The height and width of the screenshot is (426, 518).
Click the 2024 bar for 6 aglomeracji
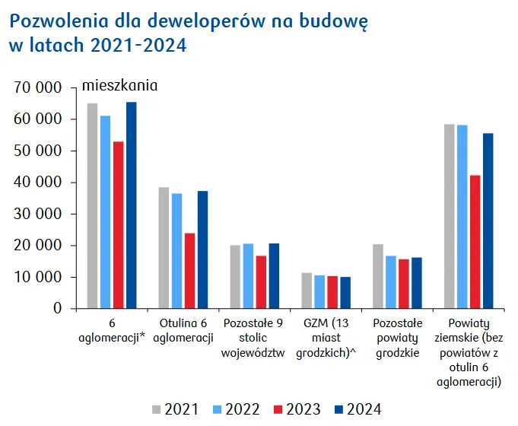[132, 205]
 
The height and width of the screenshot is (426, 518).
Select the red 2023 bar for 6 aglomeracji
[119, 225]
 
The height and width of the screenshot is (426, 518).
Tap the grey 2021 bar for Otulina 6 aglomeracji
[164, 248]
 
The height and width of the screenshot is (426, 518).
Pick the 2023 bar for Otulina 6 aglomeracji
[190, 271]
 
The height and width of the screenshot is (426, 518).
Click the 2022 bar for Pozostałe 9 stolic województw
[248, 276]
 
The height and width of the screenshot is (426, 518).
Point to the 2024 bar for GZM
[346, 293]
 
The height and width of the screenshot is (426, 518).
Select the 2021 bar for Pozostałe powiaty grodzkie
[378, 276]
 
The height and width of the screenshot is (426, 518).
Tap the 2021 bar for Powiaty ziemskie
[450, 216]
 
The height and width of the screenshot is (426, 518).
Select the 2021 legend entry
[176, 409]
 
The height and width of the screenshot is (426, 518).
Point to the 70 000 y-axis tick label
[38, 87]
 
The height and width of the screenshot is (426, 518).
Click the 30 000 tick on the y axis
[38, 214]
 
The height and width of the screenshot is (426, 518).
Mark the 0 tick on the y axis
[56, 309]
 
